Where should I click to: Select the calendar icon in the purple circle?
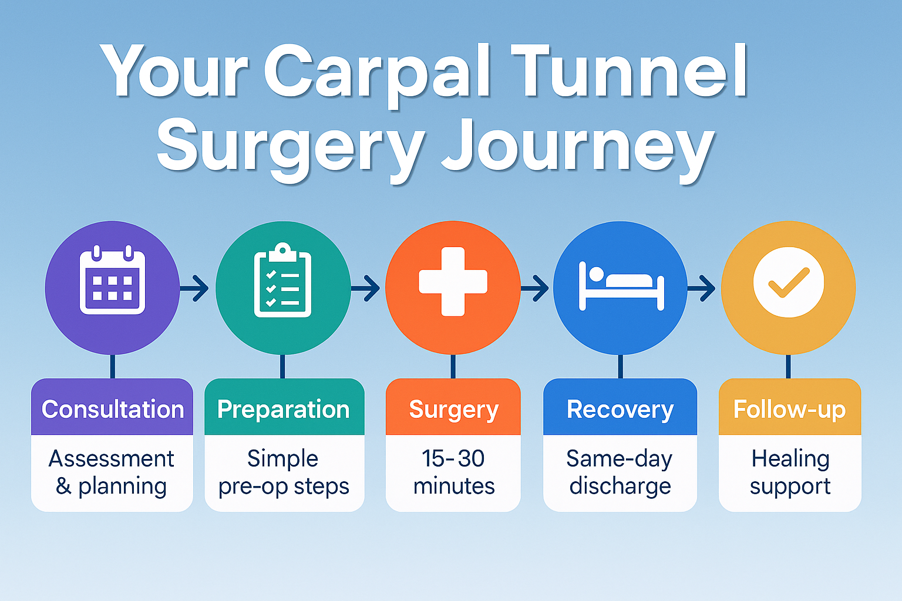click(x=112, y=281)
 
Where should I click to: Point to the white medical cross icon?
click(x=453, y=281)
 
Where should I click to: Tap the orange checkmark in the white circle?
click(x=788, y=282)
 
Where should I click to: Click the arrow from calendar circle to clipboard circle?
click(x=196, y=288)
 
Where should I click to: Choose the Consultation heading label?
click(x=112, y=409)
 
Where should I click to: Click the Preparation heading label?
click(x=284, y=409)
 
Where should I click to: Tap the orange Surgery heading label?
click(x=453, y=409)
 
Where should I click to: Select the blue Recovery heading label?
click(x=620, y=409)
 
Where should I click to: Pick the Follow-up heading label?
click(x=789, y=409)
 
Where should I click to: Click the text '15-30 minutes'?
click(x=453, y=472)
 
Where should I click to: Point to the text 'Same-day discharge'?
click(x=620, y=472)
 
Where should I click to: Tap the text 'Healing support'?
click(x=790, y=472)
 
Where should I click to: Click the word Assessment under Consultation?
click(x=112, y=458)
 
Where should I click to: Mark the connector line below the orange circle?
click(x=453, y=366)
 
